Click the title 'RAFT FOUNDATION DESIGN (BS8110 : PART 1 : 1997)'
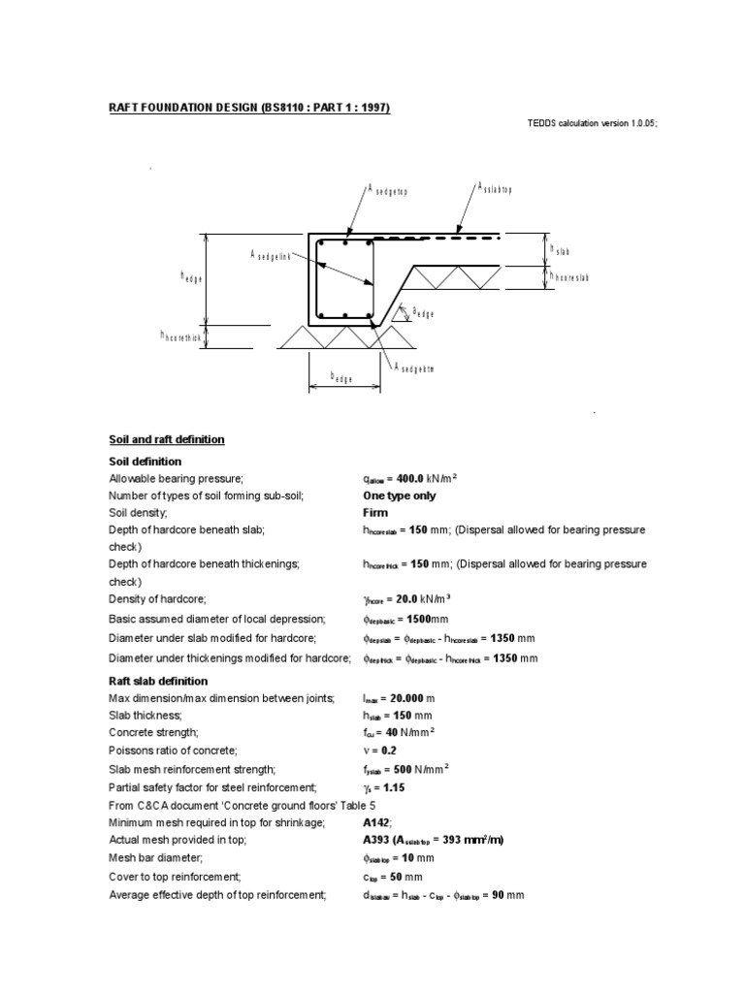[x=248, y=108]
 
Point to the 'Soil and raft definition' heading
[x=166, y=439]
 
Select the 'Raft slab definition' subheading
[x=157, y=681]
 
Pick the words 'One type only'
[x=399, y=496]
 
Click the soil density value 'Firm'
[x=375, y=512]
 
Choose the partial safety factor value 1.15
[x=394, y=787]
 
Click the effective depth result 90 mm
[x=511, y=895]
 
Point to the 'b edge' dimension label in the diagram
[x=341, y=376]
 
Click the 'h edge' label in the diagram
[x=191, y=277]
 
